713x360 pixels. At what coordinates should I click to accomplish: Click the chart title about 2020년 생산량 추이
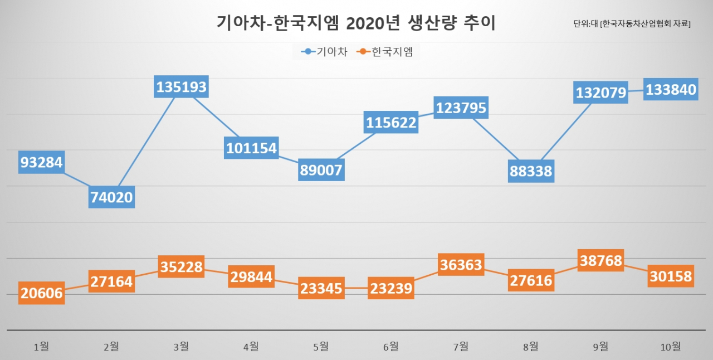[356, 23]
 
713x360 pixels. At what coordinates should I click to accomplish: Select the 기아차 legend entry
[324, 52]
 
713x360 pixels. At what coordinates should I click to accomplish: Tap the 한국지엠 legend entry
[384, 52]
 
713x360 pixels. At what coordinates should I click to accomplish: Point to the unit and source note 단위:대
[632, 23]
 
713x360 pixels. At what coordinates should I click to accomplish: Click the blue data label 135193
[181, 86]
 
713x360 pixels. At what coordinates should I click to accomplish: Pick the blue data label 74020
[111, 197]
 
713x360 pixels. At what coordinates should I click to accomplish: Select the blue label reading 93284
[41, 162]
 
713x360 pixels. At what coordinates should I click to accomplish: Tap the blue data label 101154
[251, 148]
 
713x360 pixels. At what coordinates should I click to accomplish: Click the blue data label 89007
[321, 170]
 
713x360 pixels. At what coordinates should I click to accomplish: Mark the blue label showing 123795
[461, 108]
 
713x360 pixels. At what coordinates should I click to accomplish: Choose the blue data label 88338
[531, 171]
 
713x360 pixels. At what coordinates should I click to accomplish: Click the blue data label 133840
[671, 89]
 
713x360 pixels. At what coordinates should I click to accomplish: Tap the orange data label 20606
[41, 293]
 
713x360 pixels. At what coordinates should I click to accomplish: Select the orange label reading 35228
[181, 266]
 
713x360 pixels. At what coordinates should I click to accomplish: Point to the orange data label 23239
[391, 288]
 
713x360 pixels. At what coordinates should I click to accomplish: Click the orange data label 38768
[600, 260]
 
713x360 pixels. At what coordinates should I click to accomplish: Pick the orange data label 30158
[671, 276]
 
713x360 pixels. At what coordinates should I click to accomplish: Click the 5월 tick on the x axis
[321, 346]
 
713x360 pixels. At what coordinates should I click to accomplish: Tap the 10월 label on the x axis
[671, 346]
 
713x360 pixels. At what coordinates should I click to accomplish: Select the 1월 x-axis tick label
[41, 346]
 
